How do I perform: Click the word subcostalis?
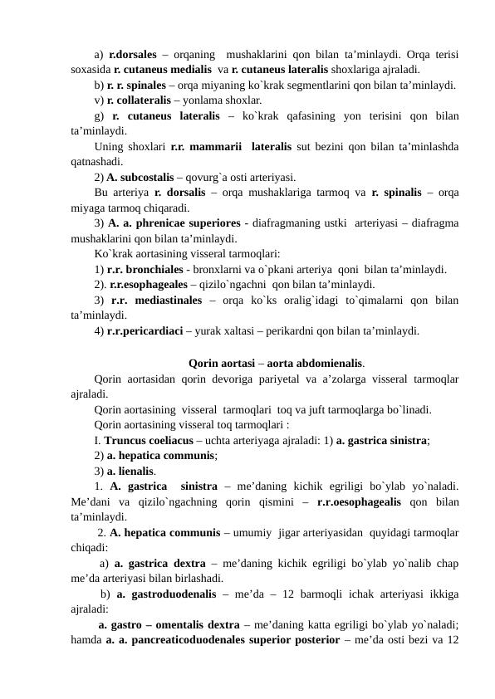[x=148, y=177]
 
